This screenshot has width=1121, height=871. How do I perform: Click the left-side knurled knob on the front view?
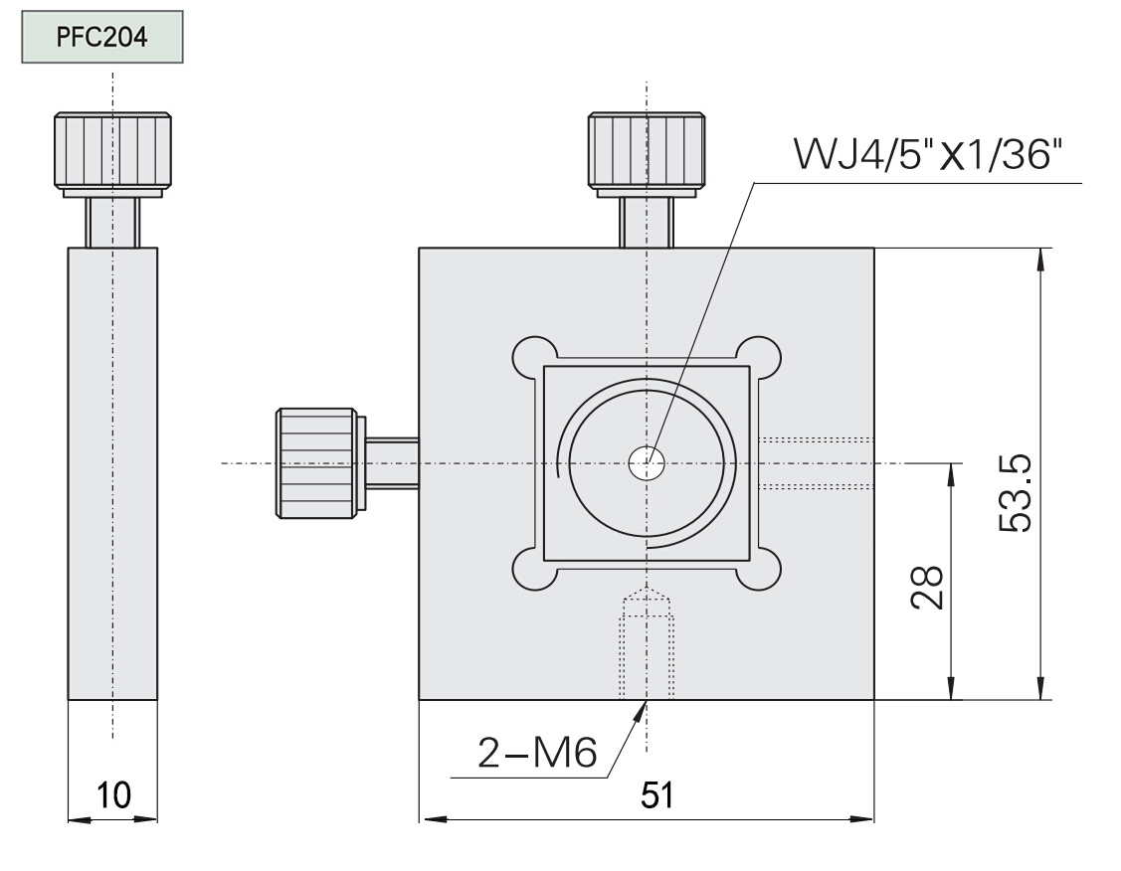pyautogui.click(x=317, y=462)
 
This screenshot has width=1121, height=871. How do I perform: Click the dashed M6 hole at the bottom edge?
pyautogui.click(x=647, y=646)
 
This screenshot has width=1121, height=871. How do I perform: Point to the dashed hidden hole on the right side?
pyautogui.click(x=816, y=463)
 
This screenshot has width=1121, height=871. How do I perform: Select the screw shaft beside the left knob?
pyautogui.click(x=392, y=462)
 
